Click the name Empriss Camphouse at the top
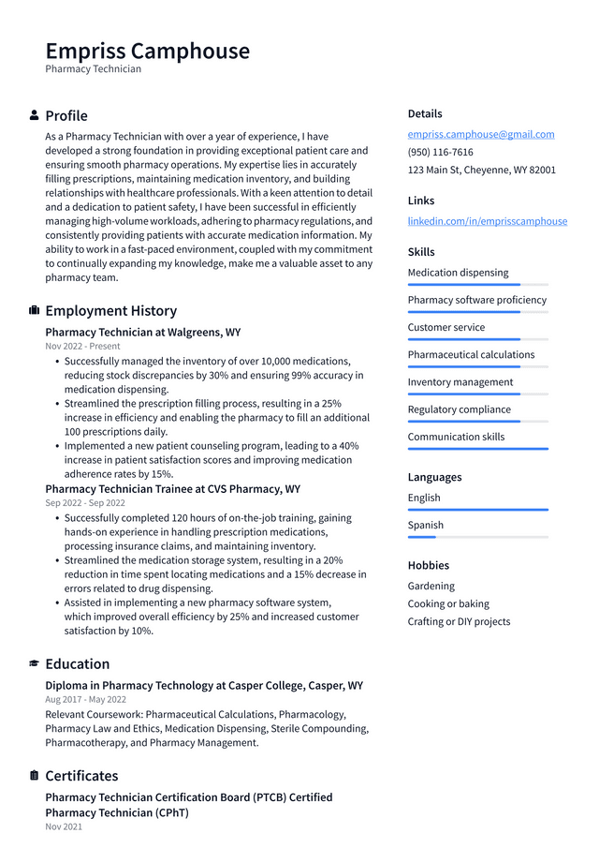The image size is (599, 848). pyautogui.click(x=147, y=51)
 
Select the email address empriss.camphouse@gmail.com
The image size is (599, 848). pyautogui.click(x=480, y=134)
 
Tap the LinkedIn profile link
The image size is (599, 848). pyautogui.click(x=487, y=221)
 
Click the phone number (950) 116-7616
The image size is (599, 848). pyautogui.click(x=440, y=152)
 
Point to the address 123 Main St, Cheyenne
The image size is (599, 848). pyautogui.click(x=481, y=170)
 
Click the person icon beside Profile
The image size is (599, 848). pyautogui.click(x=35, y=115)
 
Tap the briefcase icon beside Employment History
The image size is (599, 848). pyautogui.click(x=35, y=310)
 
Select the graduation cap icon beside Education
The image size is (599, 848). pyautogui.click(x=35, y=663)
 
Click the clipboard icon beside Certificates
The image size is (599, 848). pyautogui.click(x=35, y=776)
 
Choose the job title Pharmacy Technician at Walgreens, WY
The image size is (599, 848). pyautogui.click(x=142, y=332)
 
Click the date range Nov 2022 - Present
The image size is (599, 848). pyautogui.click(x=82, y=346)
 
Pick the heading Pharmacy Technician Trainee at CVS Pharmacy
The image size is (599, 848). pyautogui.click(x=172, y=489)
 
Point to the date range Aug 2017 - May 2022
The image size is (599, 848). pyautogui.click(x=85, y=699)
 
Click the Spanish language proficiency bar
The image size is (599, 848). pyautogui.click(x=477, y=537)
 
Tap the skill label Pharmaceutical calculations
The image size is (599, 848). pyautogui.click(x=471, y=354)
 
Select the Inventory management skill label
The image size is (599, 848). pyautogui.click(x=460, y=381)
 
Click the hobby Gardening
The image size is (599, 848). pyautogui.click(x=431, y=586)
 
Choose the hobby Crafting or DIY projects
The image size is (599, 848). pyautogui.click(x=459, y=621)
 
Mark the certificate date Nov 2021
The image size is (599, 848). pyautogui.click(x=64, y=826)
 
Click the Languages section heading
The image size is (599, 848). pyautogui.click(x=434, y=477)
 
